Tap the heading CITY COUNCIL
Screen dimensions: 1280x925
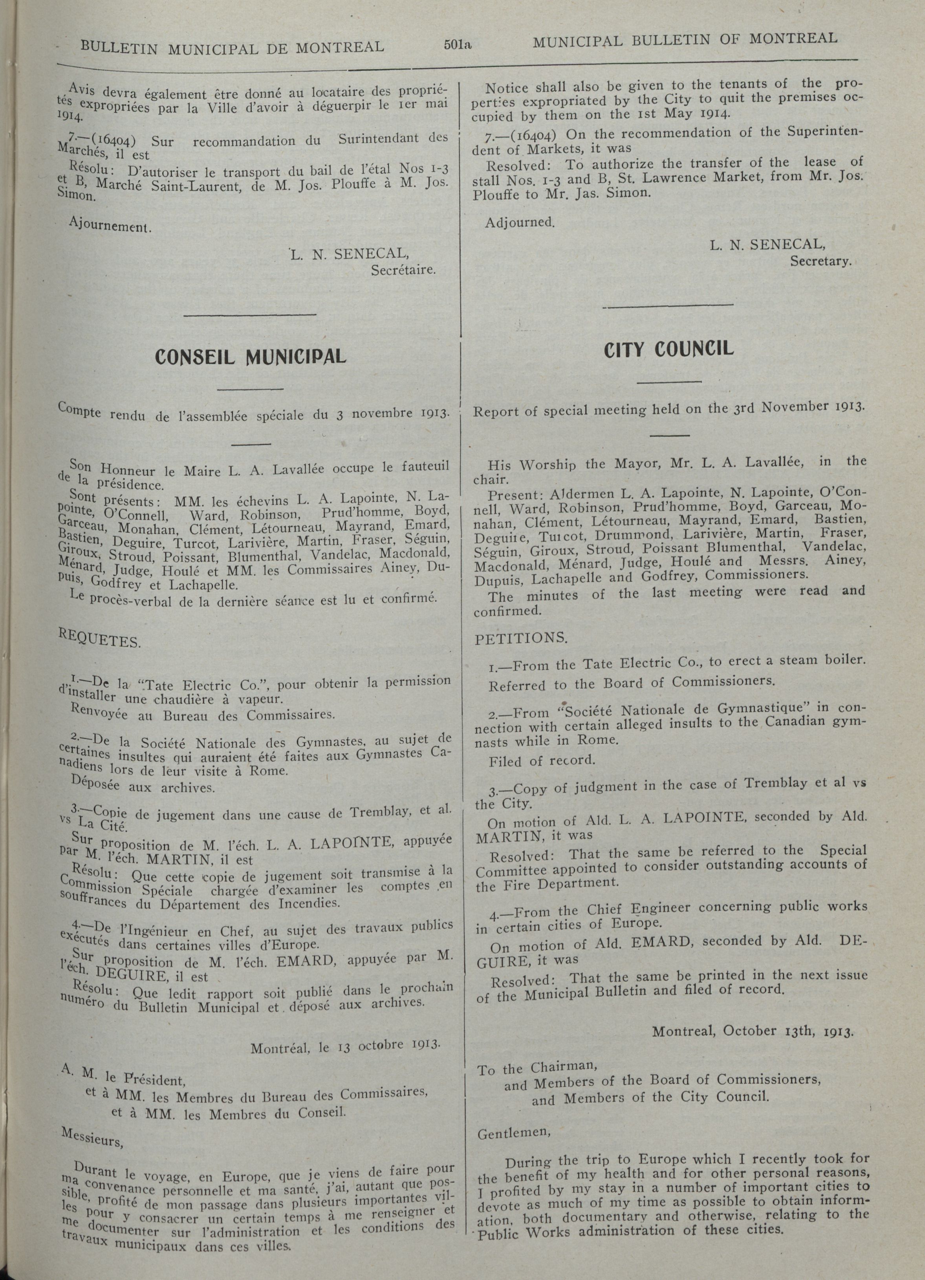tap(669, 349)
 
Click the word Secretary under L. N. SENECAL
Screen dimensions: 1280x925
tap(820, 262)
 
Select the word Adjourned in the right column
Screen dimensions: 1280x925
tap(520, 223)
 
